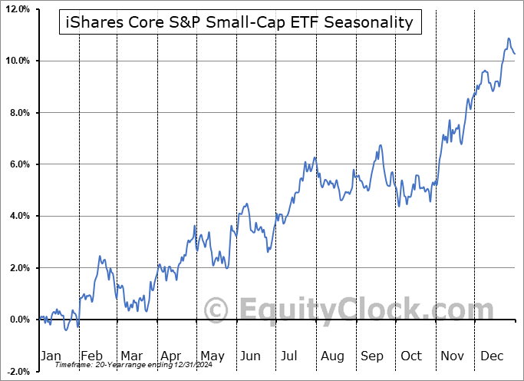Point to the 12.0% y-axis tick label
[16, 9]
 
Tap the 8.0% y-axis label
[18, 113]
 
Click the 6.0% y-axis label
[18, 164]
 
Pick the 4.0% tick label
[18, 216]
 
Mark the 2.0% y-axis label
[18, 268]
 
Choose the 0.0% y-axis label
[18, 320]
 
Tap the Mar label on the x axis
[131, 356]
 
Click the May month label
[212, 356]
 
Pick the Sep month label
[372, 356]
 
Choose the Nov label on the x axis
[453, 356]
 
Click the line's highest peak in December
[508, 38]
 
